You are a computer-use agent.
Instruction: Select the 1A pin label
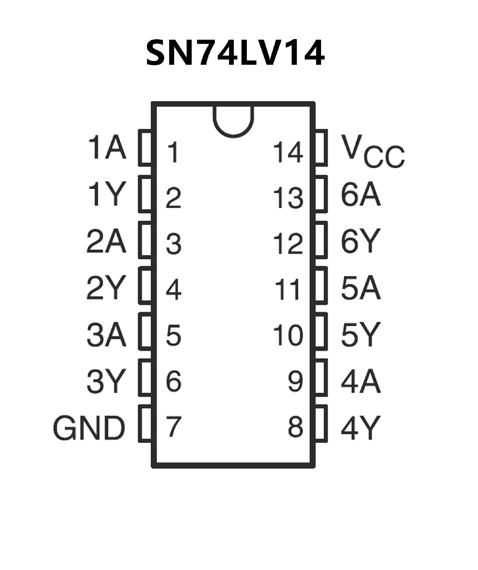(x=107, y=148)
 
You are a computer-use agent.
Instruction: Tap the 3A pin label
(x=107, y=334)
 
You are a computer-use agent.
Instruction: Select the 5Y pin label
(x=361, y=335)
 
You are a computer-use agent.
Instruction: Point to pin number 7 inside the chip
(x=173, y=427)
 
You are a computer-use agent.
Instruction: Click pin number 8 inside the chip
(x=295, y=427)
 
